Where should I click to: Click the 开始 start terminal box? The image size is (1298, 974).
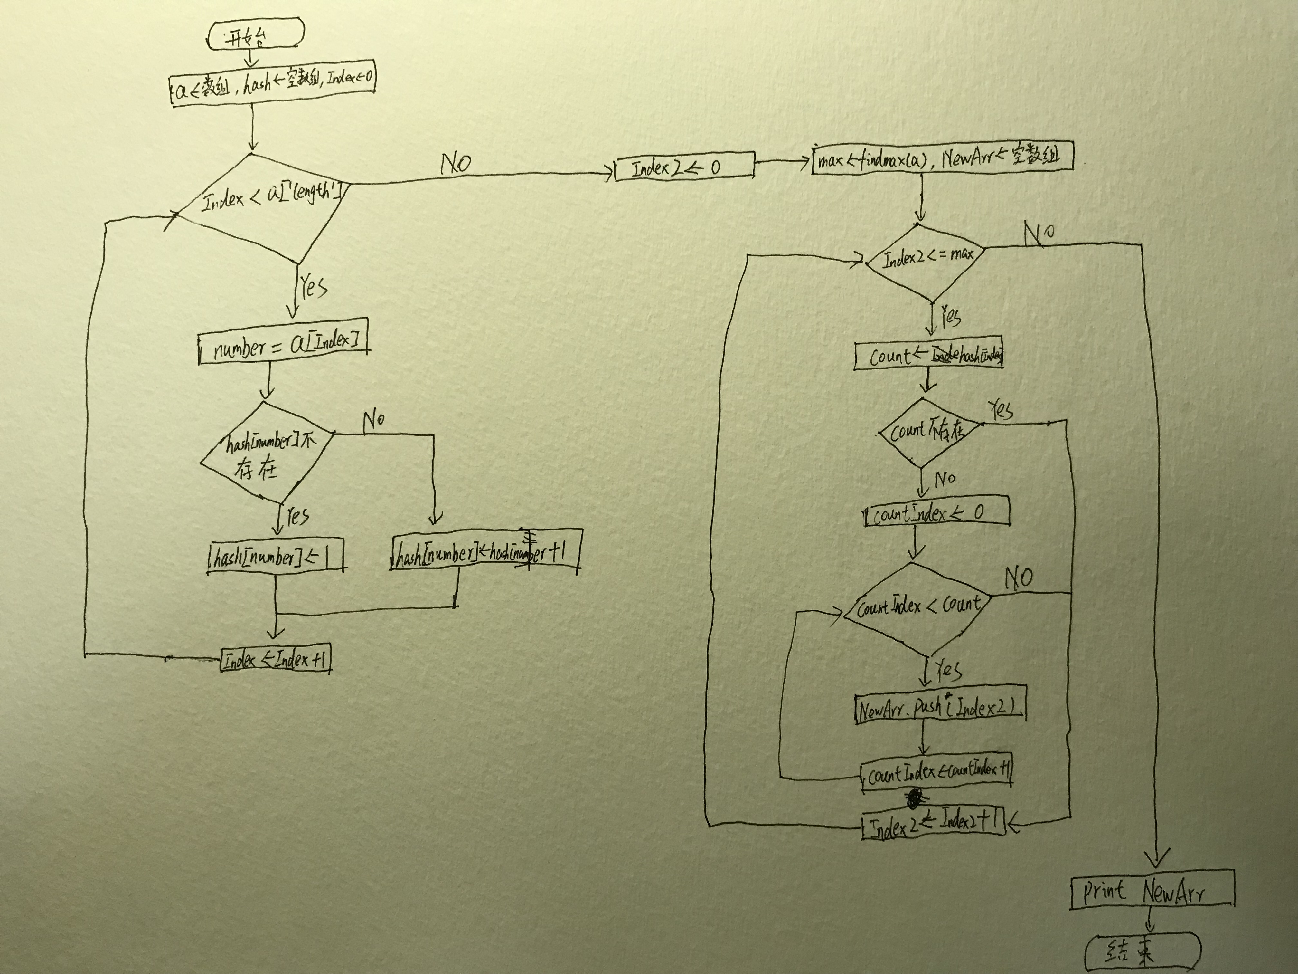[256, 36]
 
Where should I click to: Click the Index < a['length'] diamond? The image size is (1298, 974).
[267, 203]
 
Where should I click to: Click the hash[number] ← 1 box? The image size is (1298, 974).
[275, 555]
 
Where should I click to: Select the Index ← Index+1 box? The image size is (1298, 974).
[275, 659]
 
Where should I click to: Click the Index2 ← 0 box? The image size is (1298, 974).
[684, 168]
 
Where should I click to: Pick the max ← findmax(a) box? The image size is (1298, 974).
[942, 158]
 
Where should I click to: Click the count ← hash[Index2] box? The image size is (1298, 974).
[928, 355]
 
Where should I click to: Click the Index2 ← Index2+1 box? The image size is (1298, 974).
[933, 823]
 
